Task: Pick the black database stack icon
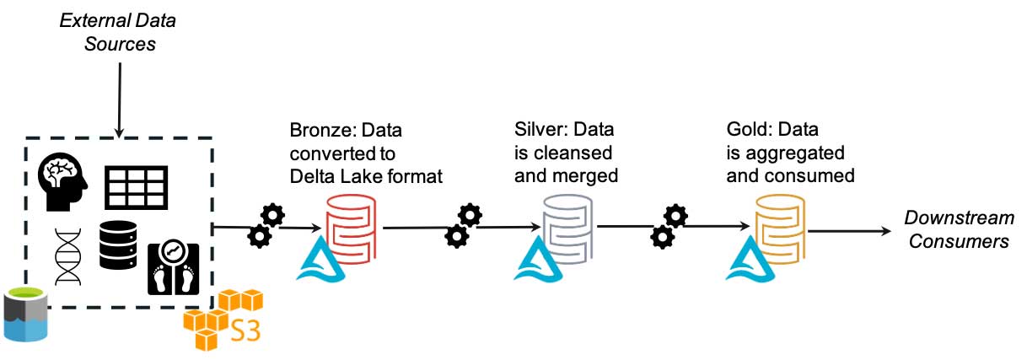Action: click(117, 244)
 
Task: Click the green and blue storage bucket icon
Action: click(25, 314)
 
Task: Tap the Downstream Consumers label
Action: click(959, 230)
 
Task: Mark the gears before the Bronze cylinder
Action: click(266, 224)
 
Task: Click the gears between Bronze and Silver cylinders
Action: click(463, 225)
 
